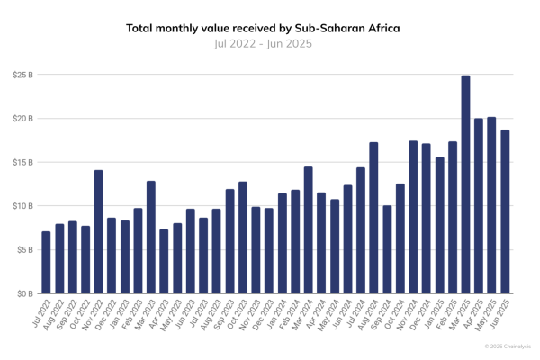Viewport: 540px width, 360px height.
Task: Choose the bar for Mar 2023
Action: pos(151,238)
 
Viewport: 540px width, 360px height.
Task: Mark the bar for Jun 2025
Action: pos(505,212)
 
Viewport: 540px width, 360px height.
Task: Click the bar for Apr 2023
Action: pos(164,262)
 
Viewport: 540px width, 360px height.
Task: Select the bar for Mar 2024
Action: pos(308,230)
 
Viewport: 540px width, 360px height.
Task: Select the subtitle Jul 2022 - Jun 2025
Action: pos(264,43)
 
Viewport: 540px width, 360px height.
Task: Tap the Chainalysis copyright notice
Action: pos(507,346)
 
